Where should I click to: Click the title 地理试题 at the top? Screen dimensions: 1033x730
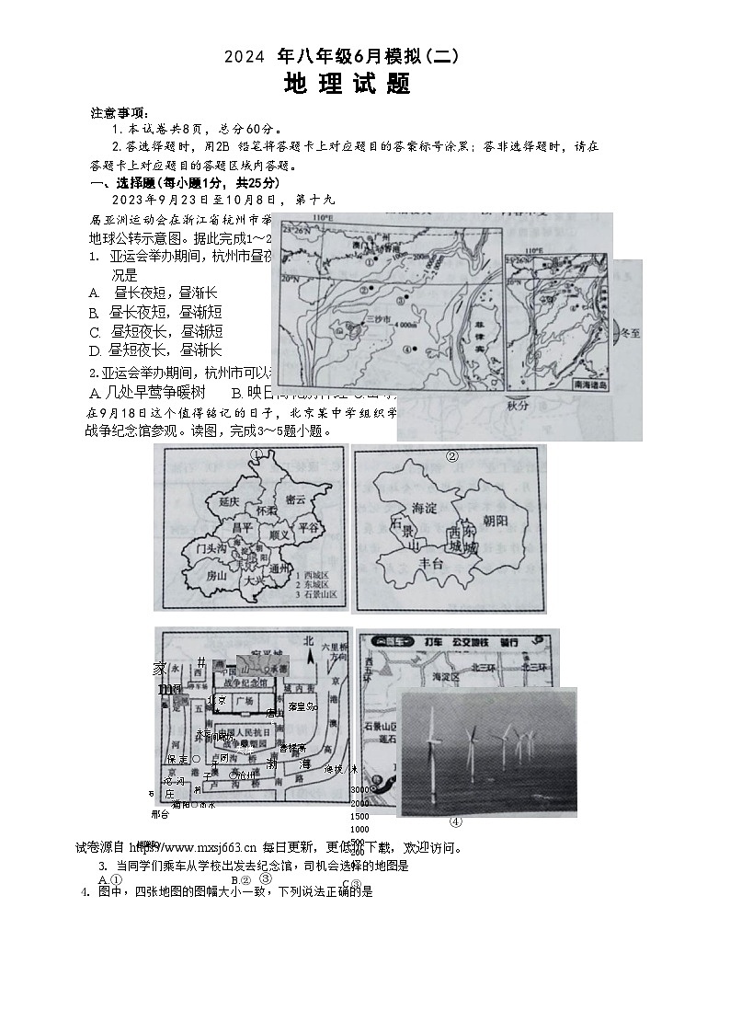(x=348, y=85)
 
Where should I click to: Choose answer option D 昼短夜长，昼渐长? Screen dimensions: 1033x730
(x=155, y=350)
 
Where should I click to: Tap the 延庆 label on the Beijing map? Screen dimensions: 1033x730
(x=229, y=502)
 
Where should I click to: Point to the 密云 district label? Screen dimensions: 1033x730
(x=295, y=499)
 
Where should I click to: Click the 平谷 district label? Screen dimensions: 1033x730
(x=311, y=527)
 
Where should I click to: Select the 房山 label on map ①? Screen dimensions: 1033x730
(x=216, y=575)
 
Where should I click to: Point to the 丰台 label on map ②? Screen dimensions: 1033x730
(x=430, y=565)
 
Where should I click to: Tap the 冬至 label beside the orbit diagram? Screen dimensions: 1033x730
(x=628, y=336)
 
